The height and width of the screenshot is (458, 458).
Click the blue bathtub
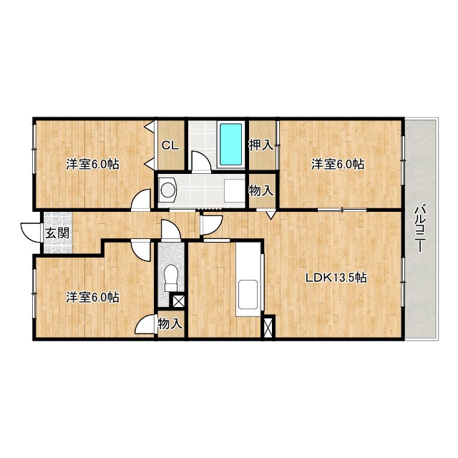pyautogui.click(x=230, y=145)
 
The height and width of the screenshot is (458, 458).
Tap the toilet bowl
pyautogui.click(x=171, y=278)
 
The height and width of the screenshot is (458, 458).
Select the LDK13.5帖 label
pyautogui.click(x=336, y=278)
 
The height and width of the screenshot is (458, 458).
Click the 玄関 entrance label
pyautogui.click(x=57, y=233)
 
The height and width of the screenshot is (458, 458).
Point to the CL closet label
pyautogui.click(x=170, y=145)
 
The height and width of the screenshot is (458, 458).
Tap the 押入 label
pyautogui.click(x=261, y=145)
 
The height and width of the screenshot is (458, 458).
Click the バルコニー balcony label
pyautogui.click(x=419, y=229)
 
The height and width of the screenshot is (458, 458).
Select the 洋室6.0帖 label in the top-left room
pyautogui.click(x=92, y=164)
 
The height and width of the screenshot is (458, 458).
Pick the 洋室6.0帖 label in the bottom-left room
pyautogui.click(x=92, y=298)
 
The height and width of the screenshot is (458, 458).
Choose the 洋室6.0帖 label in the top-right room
pyautogui.click(x=338, y=164)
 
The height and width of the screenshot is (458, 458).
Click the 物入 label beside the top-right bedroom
pyautogui.click(x=261, y=191)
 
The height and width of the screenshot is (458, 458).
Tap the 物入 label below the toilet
pyautogui.click(x=170, y=323)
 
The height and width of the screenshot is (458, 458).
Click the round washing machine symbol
pyautogui.click(x=167, y=190)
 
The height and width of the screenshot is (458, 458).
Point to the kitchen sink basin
pyautogui.click(x=248, y=294)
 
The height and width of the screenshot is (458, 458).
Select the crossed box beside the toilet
pyautogui.click(x=178, y=301)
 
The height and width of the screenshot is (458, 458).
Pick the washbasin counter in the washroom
pyautogui.click(x=234, y=190)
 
